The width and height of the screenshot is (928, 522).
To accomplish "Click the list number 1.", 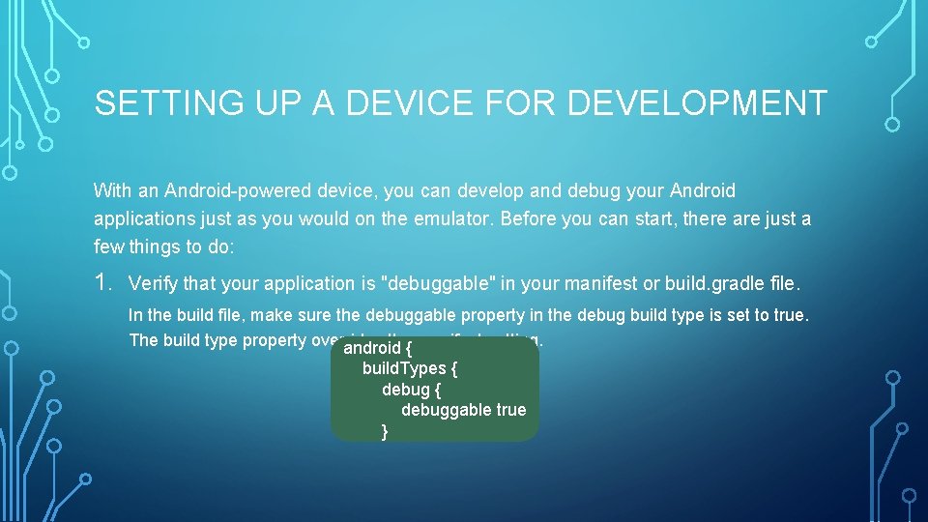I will [x=103, y=282].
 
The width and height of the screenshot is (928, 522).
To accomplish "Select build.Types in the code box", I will [x=404, y=368].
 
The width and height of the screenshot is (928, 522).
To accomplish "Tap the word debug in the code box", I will [x=405, y=389].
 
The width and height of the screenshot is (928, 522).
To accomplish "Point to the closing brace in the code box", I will [x=385, y=431].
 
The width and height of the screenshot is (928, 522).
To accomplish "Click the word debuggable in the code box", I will [x=446, y=410].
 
